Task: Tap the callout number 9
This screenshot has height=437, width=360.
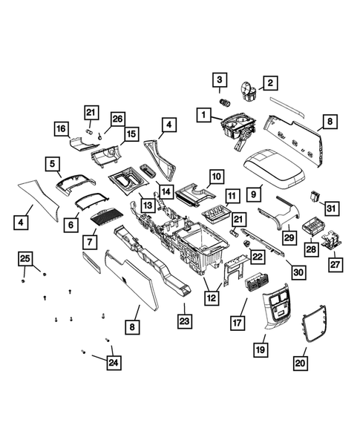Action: (254, 194)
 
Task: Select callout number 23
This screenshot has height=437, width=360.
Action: (183, 321)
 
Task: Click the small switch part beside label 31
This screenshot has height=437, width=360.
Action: (317, 197)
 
